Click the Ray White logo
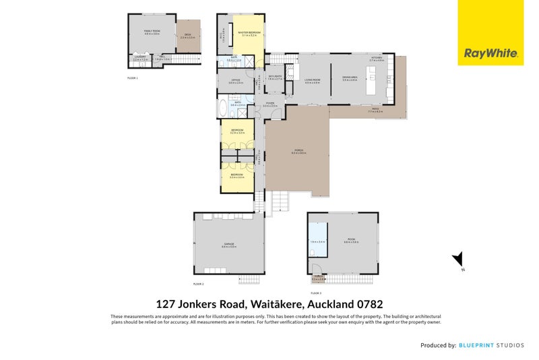(490, 53)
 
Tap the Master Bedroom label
(249, 32)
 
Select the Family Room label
(152, 31)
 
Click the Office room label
(236, 80)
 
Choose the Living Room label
(312, 80)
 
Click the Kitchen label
(376, 58)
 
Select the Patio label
(375, 109)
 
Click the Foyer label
(269, 104)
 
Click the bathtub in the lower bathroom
(224, 107)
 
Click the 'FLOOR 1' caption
(133, 78)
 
